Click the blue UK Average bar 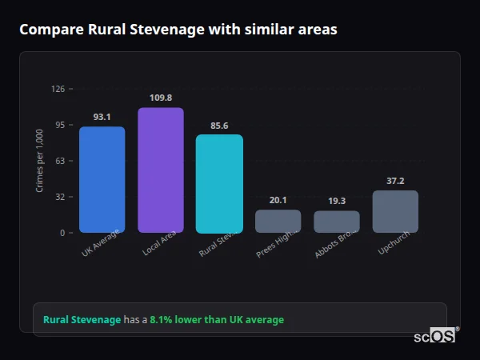pyautogui.click(x=102, y=179)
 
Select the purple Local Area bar pyautogui.click(x=160, y=170)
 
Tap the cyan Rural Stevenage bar pyautogui.click(x=219, y=183)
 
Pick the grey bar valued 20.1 pyautogui.click(x=278, y=221)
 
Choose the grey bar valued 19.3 pyautogui.click(x=336, y=222)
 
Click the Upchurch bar pyautogui.click(x=395, y=211)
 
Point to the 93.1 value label pyautogui.click(x=102, y=117)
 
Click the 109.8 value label pyautogui.click(x=160, y=98)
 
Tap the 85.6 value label pyautogui.click(x=219, y=126)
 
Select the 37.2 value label pyautogui.click(x=395, y=181)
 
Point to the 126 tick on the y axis pyautogui.click(x=58, y=89)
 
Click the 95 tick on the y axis pyautogui.click(x=60, y=125)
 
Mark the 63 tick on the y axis pyautogui.click(x=60, y=161)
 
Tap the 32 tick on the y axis pyautogui.click(x=60, y=197)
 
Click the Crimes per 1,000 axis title pyautogui.click(x=39, y=160)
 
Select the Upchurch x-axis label pyautogui.click(x=393, y=245)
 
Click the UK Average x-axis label pyautogui.click(x=100, y=245)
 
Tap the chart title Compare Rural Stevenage pyautogui.click(x=178, y=30)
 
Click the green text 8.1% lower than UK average pyautogui.click(x=217, y=320)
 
